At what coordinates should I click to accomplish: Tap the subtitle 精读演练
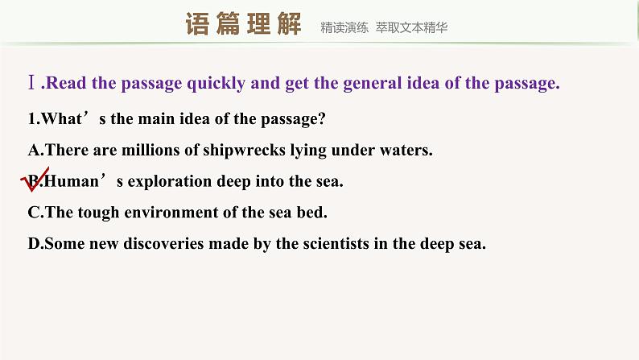[344, 27]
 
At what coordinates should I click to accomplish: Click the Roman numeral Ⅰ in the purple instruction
[31, 84]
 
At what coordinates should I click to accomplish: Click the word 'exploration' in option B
[170, 182]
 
